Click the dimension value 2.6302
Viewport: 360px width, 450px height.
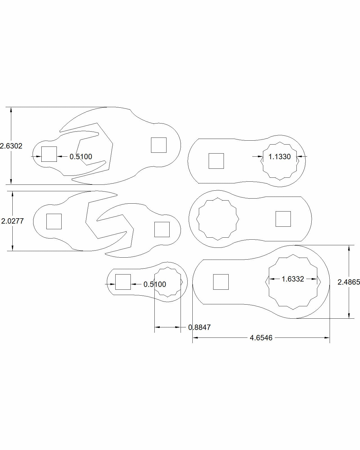11,146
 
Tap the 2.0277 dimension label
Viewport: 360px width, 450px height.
13,221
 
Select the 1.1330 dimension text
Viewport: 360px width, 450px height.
280,157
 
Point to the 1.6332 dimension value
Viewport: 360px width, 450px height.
293,279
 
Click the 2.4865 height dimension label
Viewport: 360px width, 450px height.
349,282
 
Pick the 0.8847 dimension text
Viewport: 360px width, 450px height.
199,327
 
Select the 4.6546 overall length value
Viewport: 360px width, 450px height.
261,338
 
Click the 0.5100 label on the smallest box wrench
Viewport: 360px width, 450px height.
155,284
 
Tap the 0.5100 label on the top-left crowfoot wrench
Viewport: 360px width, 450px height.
81,157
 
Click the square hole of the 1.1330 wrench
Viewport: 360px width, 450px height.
216,161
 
